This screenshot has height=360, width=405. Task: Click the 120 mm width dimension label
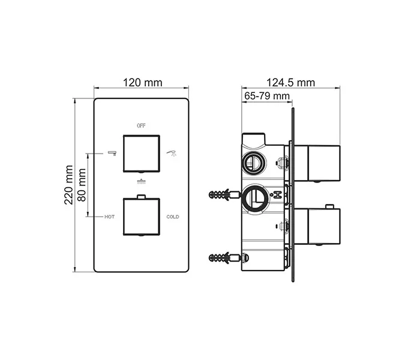(x=142, y=83)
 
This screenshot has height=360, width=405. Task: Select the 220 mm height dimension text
(x=69, y=185)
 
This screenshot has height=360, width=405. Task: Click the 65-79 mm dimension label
(x=267, y=96)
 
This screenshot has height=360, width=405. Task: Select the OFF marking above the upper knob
(x=142, y=126)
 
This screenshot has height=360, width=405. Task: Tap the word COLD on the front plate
(x=173, y=216)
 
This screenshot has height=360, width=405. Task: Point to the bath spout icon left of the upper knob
(x=112, y=154)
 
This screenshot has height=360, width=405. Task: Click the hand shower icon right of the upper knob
(x=172, y=154)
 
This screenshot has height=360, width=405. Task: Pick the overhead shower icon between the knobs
(x=142, y=181)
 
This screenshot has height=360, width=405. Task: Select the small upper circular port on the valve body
(x=252, y=161)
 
